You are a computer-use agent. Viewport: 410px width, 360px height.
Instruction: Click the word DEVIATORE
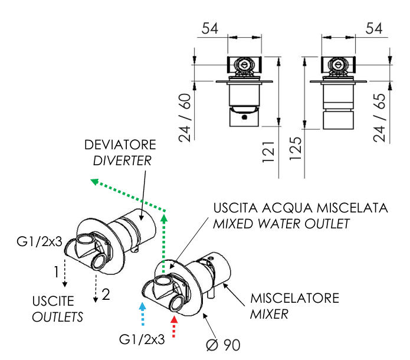120,145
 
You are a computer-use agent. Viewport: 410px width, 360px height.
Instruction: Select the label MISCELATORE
295,298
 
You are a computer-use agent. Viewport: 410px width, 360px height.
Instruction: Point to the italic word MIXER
269,314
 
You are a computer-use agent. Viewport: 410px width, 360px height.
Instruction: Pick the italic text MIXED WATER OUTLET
281,224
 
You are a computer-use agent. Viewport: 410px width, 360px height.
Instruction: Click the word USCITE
53,302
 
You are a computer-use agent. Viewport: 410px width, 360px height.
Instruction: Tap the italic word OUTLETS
57,317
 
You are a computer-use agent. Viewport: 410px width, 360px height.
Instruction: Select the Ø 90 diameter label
224,343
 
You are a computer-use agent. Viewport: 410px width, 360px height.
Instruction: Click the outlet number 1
56,273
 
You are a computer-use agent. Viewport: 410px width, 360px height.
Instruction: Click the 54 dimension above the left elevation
211,28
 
